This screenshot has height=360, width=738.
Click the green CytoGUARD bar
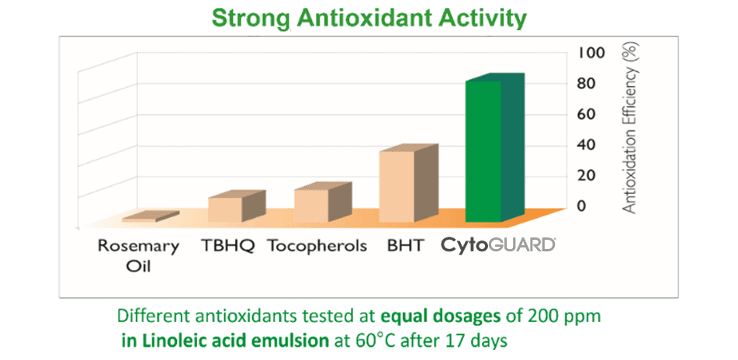483,151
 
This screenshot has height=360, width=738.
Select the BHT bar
397,186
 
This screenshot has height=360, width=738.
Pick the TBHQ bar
225,209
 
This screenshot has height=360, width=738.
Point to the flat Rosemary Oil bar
140,220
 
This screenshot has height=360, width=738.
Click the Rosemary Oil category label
138,255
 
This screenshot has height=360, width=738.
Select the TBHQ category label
228,246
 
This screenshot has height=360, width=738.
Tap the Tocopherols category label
317,246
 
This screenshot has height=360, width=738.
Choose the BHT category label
405,246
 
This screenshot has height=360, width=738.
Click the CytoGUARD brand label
498,245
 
